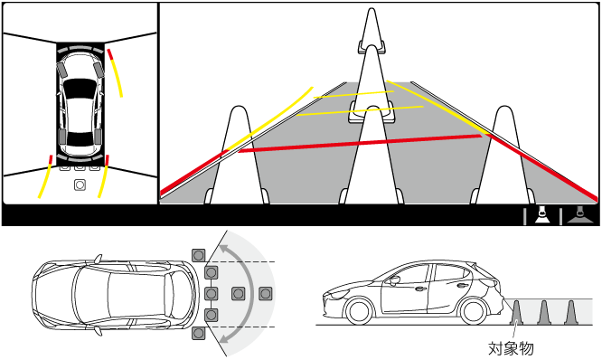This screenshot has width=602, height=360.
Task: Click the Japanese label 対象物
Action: coord(511,348)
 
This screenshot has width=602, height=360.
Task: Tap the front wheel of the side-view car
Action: coord(360,311)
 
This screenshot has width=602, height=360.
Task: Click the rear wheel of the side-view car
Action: coord(474,311)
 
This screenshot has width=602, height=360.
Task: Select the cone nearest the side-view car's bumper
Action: coord(516,312)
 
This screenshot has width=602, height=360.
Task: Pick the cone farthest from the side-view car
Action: coord(571,312)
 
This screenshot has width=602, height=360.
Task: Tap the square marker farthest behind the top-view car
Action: coord(265,294)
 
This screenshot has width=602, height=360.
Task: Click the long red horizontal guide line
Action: coord(360,143)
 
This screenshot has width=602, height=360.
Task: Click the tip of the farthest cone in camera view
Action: coord(372,8)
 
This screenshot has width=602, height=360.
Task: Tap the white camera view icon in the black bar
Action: coord(542,215)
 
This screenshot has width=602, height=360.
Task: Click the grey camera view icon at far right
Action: coord(579,215)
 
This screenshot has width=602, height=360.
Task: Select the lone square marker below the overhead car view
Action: coord(80,185)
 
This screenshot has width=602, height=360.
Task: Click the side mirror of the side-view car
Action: coord(393,280)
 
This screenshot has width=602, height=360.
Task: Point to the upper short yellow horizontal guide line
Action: coord(353,94)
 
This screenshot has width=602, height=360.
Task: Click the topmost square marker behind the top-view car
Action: coord(199,255)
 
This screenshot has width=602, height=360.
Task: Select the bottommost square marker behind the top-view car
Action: coord(199,333)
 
